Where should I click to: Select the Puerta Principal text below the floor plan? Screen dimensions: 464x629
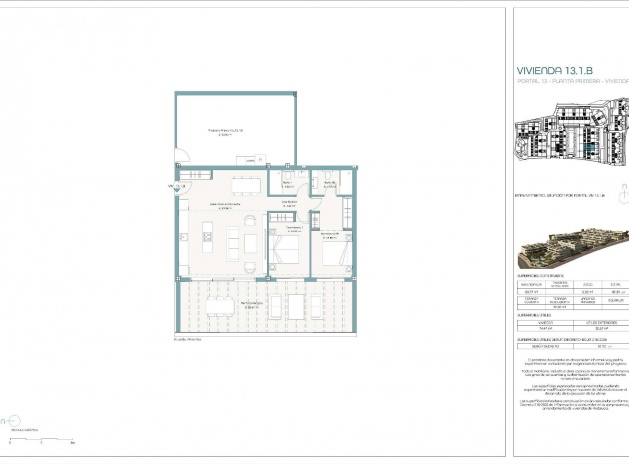(187, 339)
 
